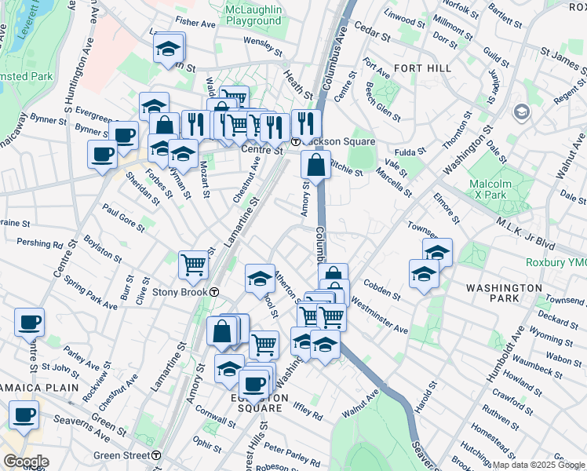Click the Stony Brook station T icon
pyautogui.click(x=214, y=292)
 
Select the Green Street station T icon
pyautogui.click(x=157, y=455)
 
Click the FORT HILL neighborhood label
pyautogui.click(x=423, y=68)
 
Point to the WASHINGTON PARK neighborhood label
pyautogui.click(x=504, y=294)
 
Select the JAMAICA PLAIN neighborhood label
pyautogui.click(x=38, y=388)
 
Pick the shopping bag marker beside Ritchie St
pyautogui.click(x=315, y=165)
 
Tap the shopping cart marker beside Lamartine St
pyautogui.click(x=193, y=265)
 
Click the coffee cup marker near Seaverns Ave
pyautogui.click(x=24, y=414)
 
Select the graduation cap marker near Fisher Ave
pyautogui.click(x=168, y=49)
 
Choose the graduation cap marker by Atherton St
pyautogui.click(x=260, y=278)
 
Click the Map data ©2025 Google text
pyautogui.click(x=537, y=465)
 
